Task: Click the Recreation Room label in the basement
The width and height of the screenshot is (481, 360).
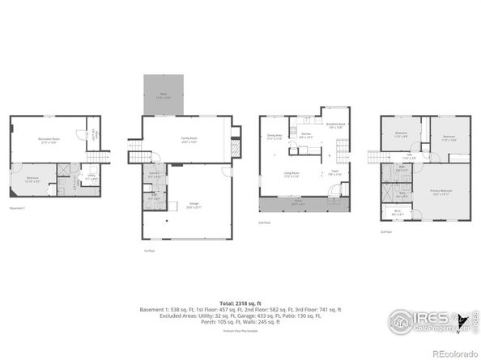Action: point(48,141)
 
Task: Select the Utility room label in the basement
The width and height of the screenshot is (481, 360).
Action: point(92,176)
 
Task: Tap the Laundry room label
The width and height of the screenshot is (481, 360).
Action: point(154,174)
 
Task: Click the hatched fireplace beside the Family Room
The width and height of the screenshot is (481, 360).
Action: point(236,150)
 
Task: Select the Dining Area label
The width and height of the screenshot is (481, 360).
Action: point(275,137)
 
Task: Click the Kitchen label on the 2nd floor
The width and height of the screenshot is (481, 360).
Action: point(305,137)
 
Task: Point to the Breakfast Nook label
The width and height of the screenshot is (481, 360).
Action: point(335,125)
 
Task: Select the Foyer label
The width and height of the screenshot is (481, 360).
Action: point(333,172)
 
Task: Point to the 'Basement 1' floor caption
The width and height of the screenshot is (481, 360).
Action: point(18,208)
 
